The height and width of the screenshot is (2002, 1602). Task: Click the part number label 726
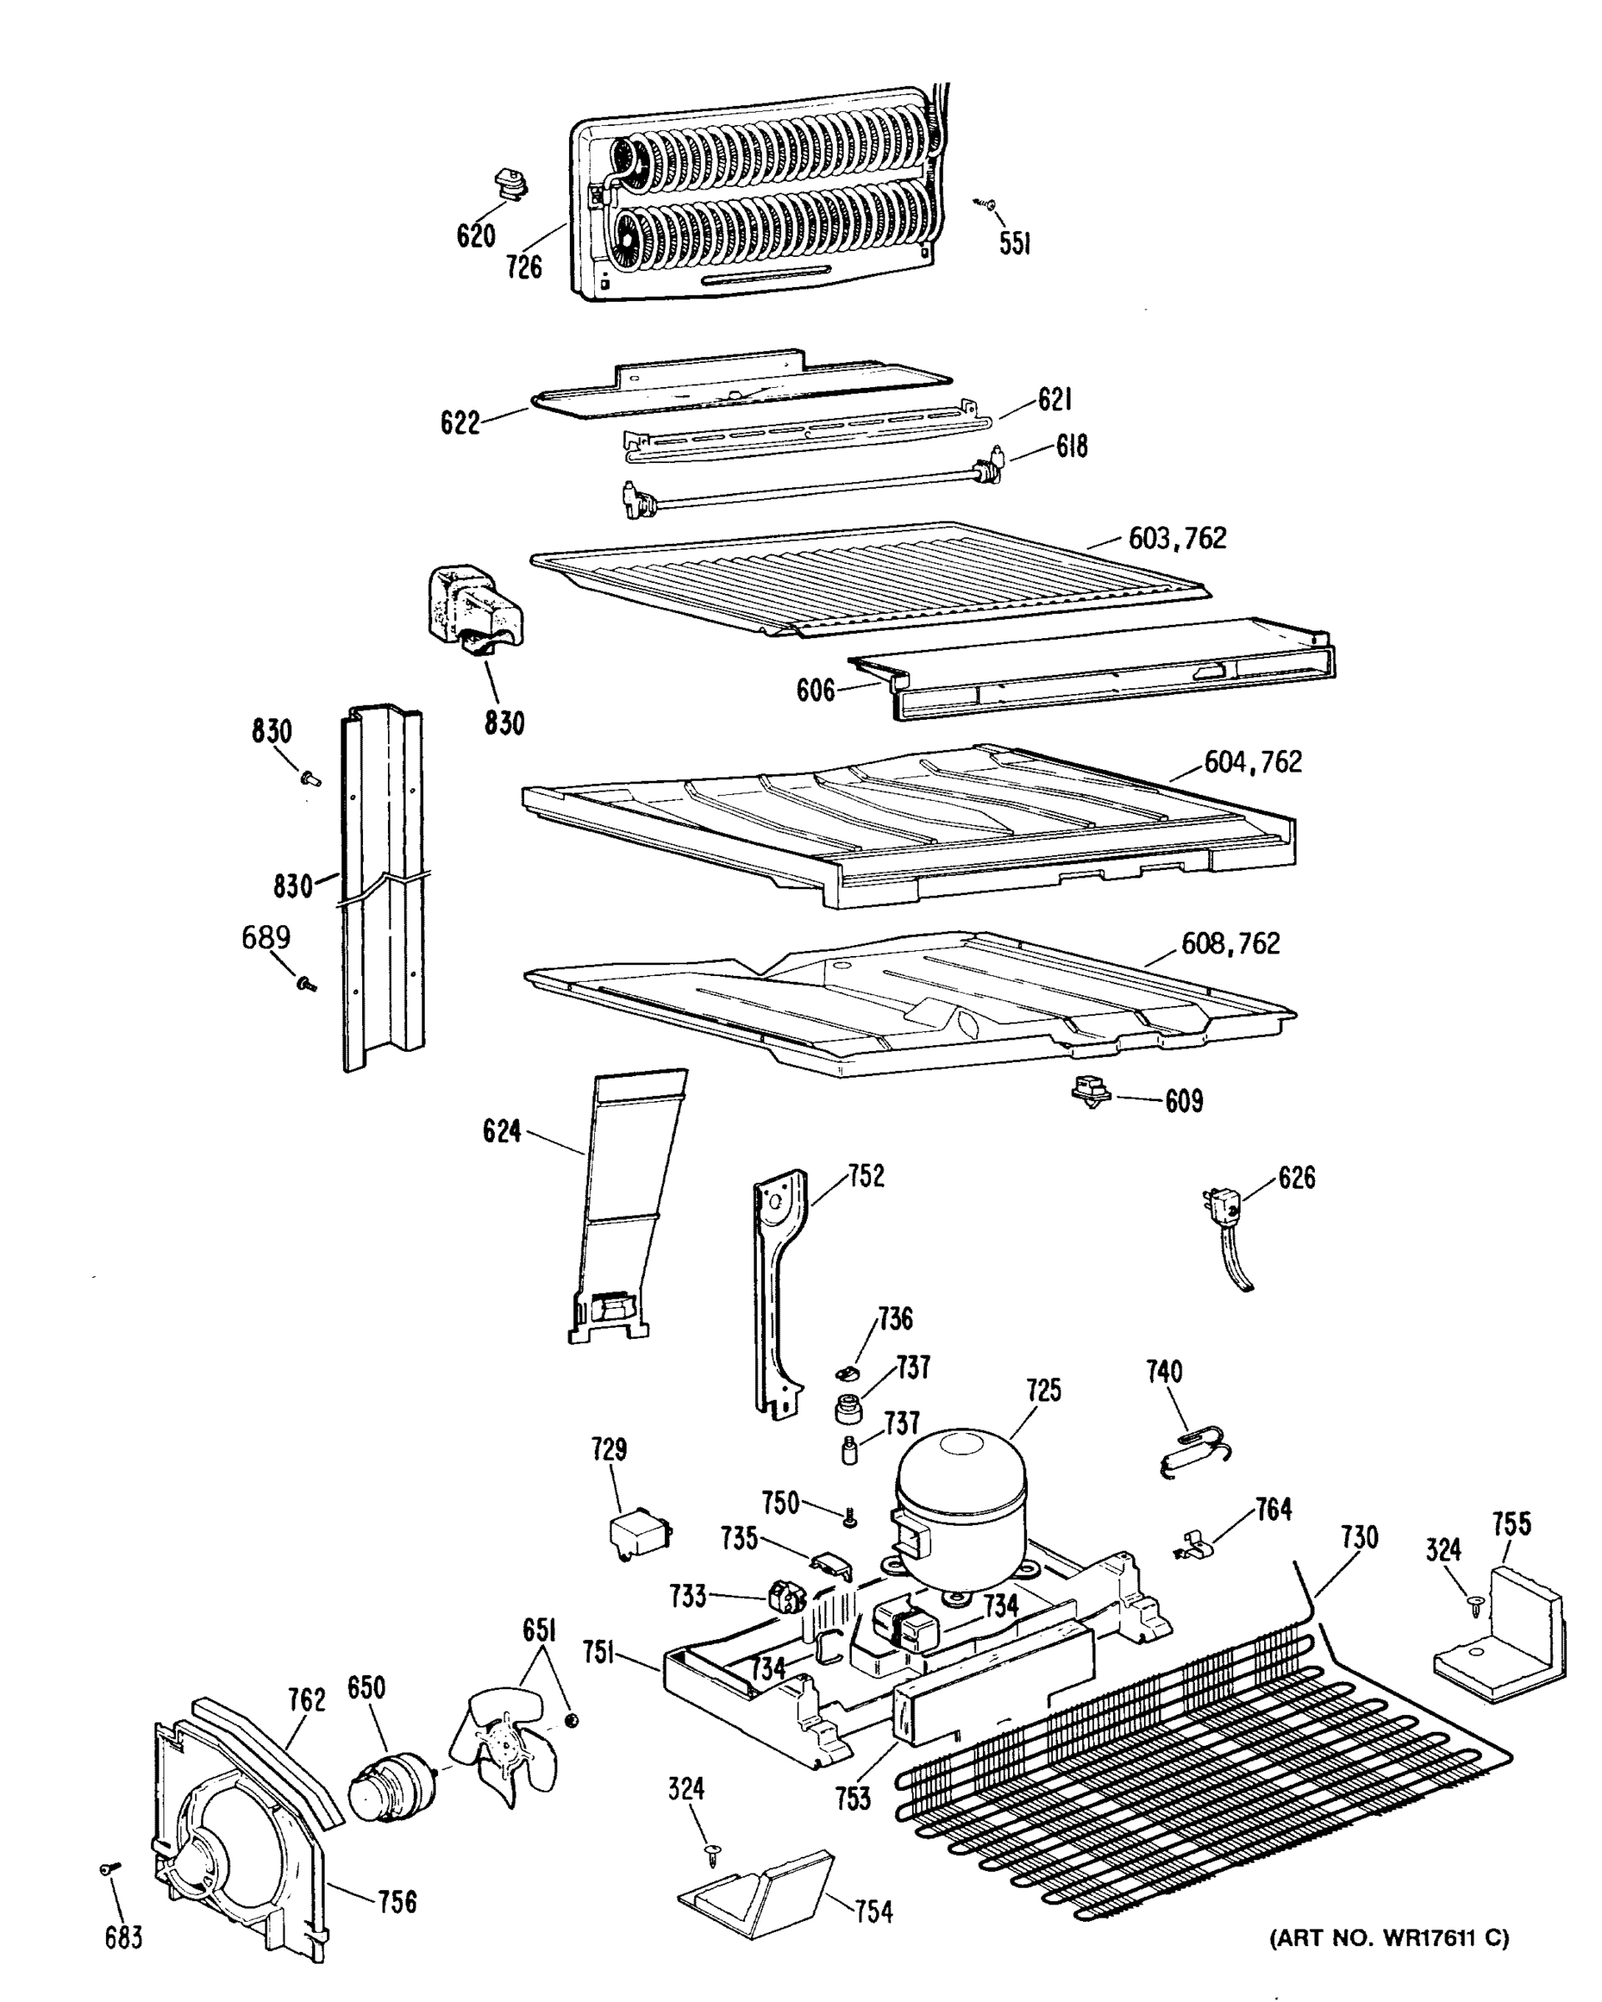[x=524, y=268]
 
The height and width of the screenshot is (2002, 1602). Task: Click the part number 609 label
[x=1183, y=1101]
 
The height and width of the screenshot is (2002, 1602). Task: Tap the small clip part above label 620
[x=510, y=182]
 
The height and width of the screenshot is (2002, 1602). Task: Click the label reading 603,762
[x=1176, y=539]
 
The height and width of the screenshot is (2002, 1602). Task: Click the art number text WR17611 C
[x=1388, y=1938]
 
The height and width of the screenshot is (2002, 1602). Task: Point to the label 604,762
[x=1252, y=762]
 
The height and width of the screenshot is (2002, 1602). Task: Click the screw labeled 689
[x=305, y=983]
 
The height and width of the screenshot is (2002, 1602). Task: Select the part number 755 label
[x=1511, y=1524]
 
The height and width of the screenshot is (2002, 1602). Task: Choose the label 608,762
[x=1230, y=943]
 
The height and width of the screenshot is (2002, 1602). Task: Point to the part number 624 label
[x=501, y=1131]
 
